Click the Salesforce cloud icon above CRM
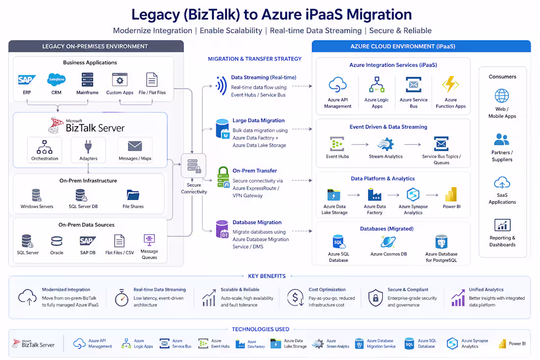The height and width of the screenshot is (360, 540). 56,80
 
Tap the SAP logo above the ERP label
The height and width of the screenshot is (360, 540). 27,80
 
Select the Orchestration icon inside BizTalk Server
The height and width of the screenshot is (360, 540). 45,147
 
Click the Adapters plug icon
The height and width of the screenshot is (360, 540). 88,147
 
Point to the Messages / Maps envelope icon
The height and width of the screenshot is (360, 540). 135,146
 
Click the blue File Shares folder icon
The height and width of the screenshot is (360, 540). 133,195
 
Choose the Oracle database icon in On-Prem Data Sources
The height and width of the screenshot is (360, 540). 57,241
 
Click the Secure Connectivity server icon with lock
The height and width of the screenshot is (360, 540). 193,166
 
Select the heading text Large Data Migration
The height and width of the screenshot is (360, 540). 259,121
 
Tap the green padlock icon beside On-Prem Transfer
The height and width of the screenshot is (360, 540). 223,177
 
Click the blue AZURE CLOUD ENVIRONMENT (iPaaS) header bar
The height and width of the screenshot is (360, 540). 421,46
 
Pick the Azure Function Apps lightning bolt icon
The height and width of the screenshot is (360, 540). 451,84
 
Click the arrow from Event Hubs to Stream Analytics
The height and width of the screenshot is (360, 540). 360,144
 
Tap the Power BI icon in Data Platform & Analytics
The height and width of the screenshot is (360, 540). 451,194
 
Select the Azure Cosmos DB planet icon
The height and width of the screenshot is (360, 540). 388,242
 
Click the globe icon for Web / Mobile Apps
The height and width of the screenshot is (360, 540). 502,96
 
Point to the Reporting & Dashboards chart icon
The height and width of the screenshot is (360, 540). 503,225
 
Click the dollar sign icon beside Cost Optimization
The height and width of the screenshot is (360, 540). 296,298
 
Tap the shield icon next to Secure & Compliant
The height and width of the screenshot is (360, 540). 376,298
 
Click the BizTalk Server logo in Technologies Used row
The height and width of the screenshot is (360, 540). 33,344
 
